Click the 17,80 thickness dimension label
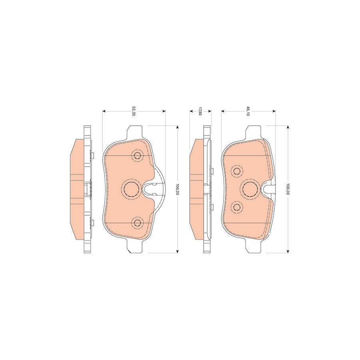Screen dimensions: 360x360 tap(200, 112)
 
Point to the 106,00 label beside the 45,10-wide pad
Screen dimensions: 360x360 tap(287, 189)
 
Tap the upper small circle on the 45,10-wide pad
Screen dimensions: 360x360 tap(238, 172)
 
